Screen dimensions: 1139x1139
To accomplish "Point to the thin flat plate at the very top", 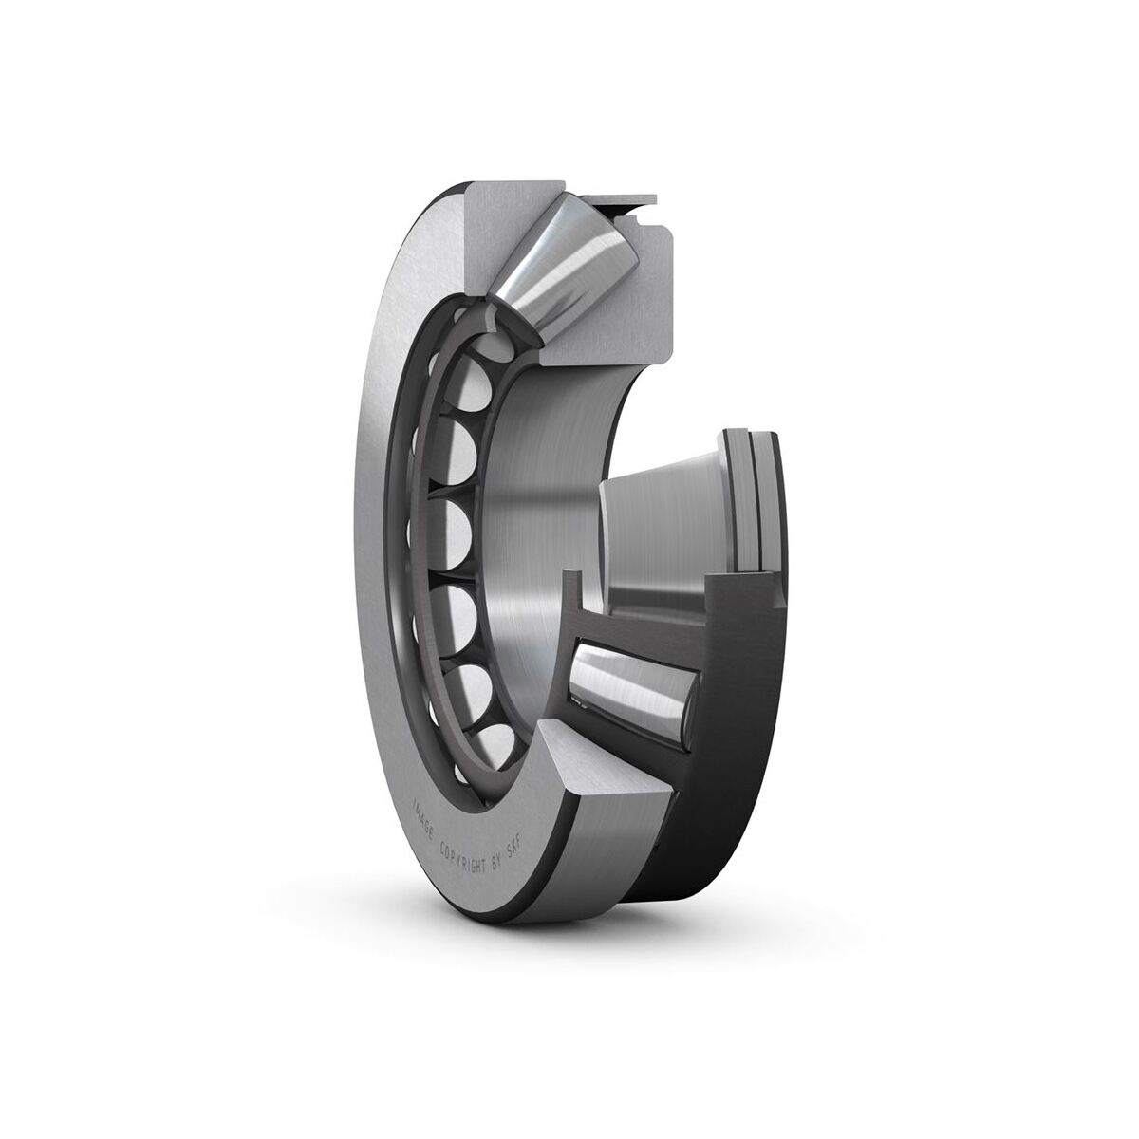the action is click(x=615, y=201).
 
